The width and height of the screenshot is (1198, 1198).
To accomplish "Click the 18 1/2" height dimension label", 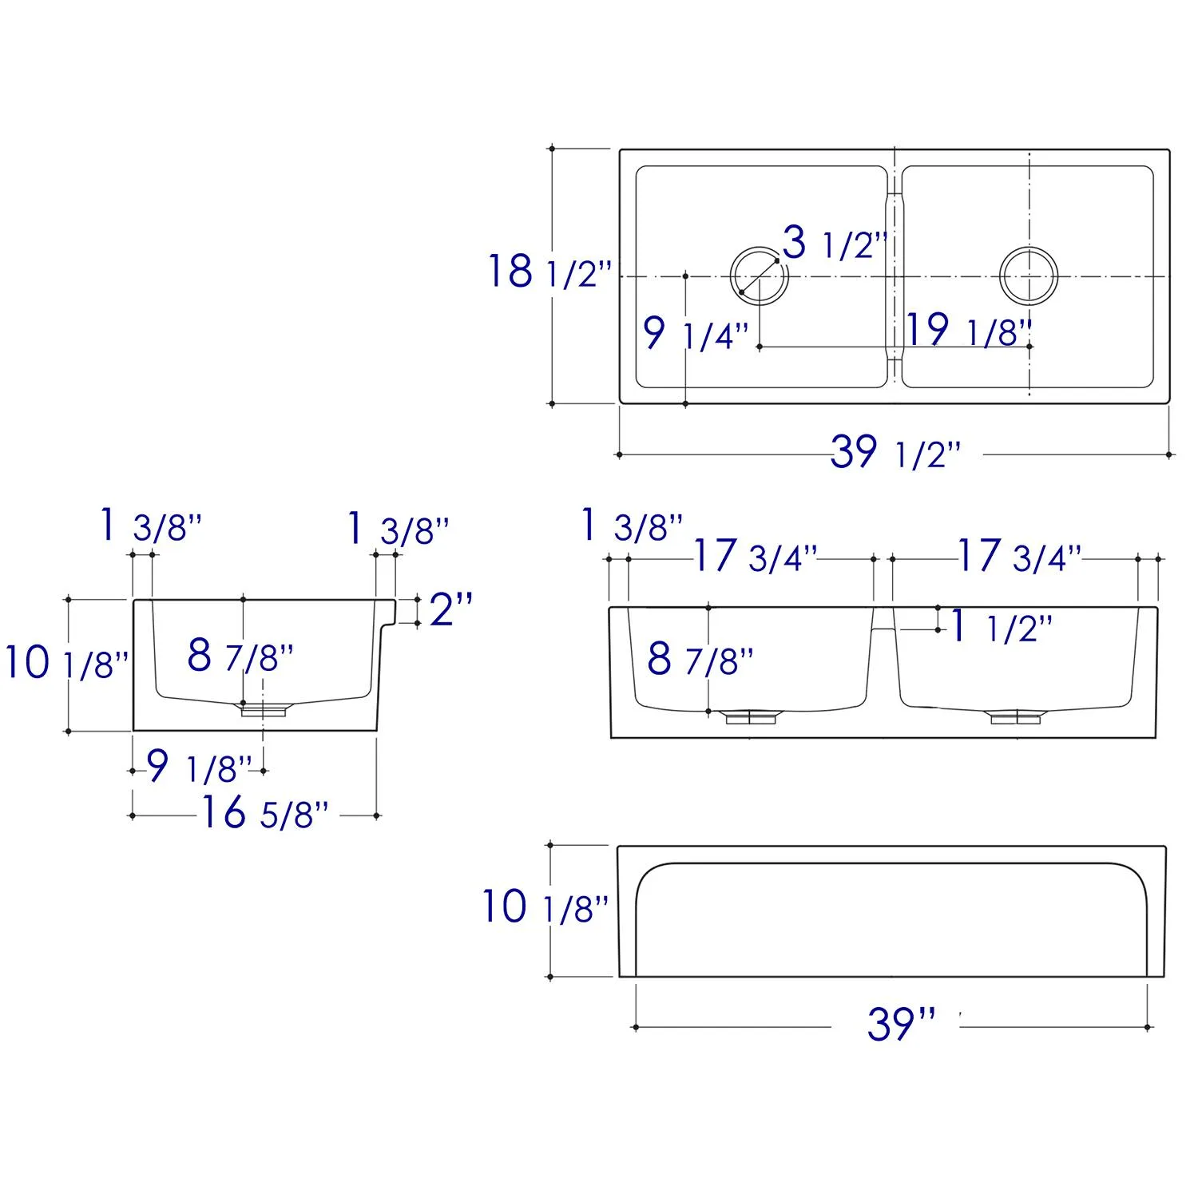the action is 549,272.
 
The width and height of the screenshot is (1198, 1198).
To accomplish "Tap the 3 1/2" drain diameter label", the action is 835,243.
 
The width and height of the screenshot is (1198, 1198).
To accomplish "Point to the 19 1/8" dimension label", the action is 970,331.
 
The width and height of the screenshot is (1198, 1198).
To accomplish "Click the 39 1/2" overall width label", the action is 895,453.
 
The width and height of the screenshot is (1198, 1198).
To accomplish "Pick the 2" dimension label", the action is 451,609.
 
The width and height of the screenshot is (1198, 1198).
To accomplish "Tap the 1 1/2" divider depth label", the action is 1001,628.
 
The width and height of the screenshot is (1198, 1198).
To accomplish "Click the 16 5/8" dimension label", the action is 264,813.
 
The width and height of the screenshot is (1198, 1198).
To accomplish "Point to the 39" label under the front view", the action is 901,1024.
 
